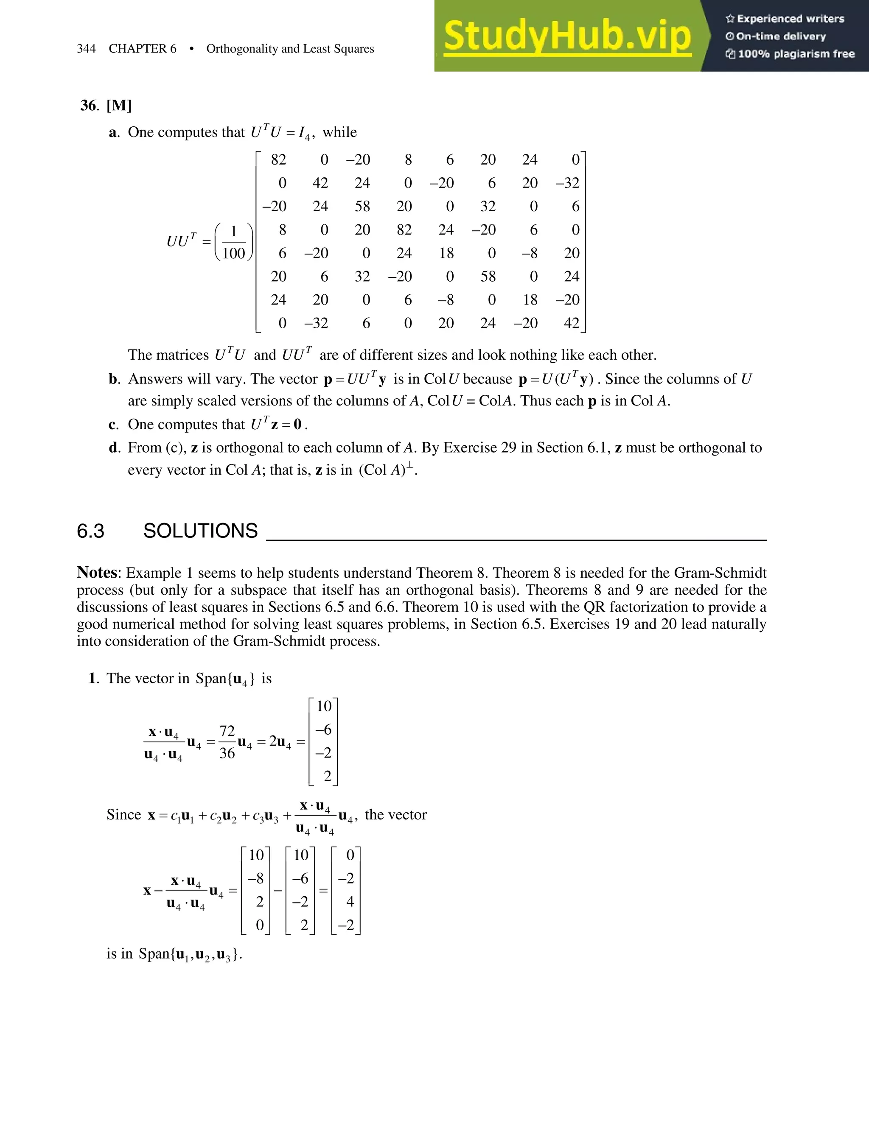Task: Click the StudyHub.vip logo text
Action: click(567, 36)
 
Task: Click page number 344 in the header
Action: click(87, 49)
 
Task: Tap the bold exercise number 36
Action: click(89, 106)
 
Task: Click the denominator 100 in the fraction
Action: click(233, 253)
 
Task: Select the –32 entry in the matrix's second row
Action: click(567, 183)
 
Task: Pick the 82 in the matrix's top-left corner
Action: click(278, 160)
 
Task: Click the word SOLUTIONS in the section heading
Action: click(200, 531)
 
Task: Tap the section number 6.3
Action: click(91, 531)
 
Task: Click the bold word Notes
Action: click(97, 573)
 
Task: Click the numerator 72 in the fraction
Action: click(227, 731)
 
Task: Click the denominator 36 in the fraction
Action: click(227, 753)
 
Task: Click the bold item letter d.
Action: click(113, 448)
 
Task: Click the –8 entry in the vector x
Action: click(256, 878)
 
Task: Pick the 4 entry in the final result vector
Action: click(350, 902)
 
